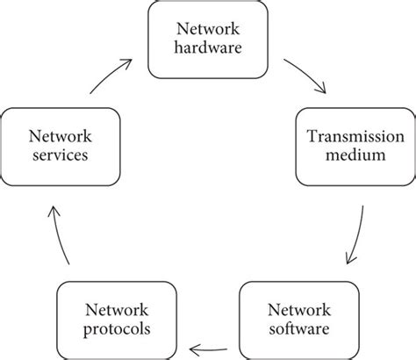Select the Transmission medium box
coord(352,145)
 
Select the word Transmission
coord(352,135)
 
